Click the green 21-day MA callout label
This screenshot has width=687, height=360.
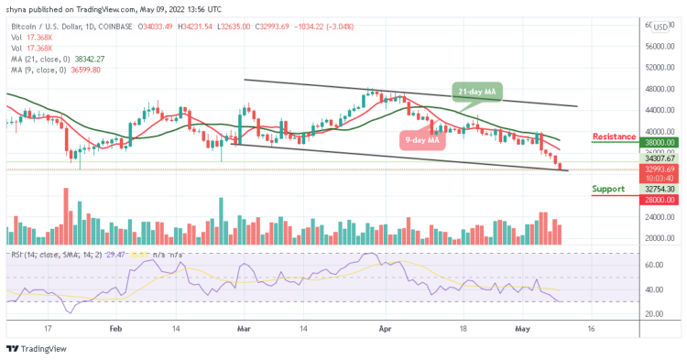click(476, 91)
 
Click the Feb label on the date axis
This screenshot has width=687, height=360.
click(115, 325)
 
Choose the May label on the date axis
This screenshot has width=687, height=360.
click(523, 325)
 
